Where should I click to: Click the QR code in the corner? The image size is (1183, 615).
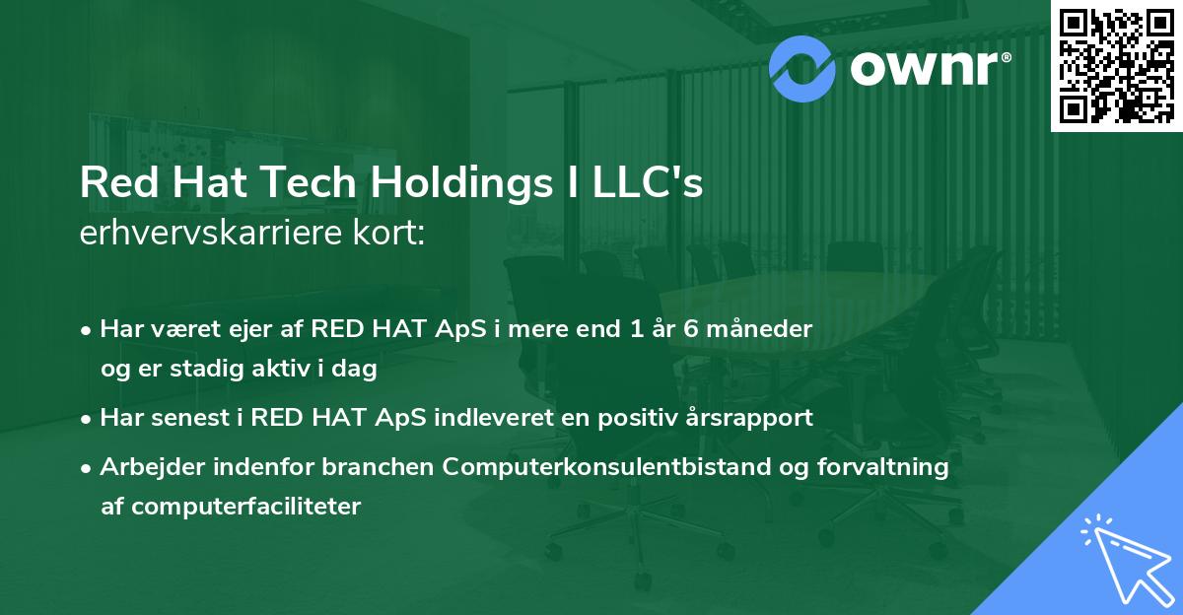coord(1116,64)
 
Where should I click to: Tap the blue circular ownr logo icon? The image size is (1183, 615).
coord(801,68)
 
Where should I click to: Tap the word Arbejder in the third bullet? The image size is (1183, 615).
coord(147,466)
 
